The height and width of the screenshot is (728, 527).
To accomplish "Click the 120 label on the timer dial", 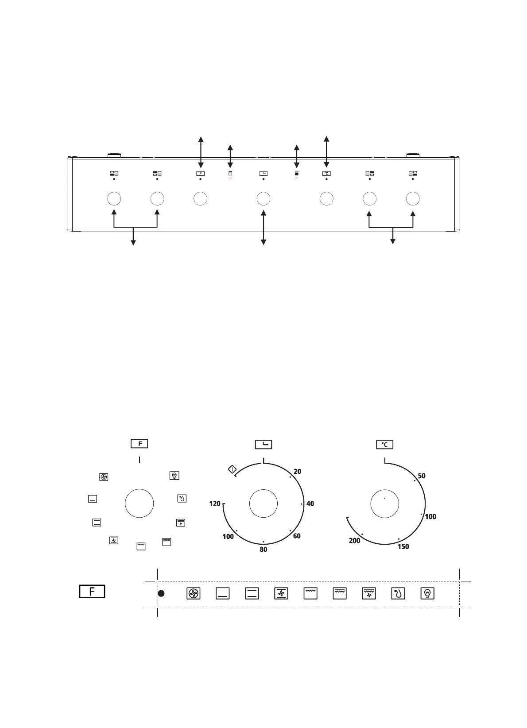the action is tap(215, 503).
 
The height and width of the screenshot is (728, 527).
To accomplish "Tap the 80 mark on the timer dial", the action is tap(263, 549).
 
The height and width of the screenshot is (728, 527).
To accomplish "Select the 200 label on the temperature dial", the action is tap(354, 541).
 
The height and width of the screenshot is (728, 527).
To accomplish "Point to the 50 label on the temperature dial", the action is tap(422, 476).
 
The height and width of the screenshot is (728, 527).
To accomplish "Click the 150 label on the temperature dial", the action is tap(403, 546).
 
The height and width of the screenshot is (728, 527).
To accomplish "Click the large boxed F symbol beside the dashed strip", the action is tap(92, 591).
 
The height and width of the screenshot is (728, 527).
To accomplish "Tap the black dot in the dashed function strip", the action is tap(161, 593).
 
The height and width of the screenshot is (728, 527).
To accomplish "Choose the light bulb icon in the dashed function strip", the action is tap(427, 593).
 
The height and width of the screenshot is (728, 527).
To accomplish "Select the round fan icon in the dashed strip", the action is tap(193, 593).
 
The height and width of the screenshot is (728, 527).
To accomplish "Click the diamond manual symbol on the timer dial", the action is tap(232, 469).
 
